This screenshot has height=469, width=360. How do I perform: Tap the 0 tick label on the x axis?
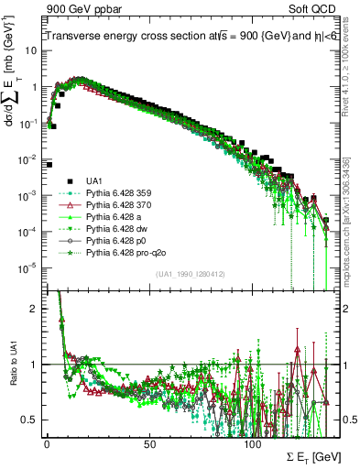pos(47,442)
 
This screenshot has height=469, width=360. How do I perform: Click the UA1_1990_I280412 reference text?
pos(191,275)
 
